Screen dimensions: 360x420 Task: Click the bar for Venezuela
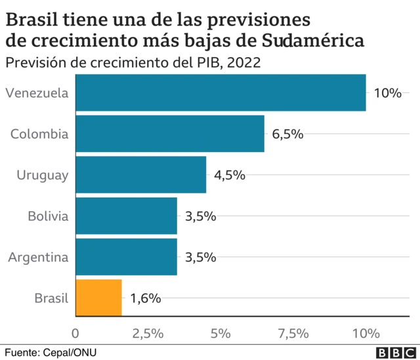click(x=221, y=92)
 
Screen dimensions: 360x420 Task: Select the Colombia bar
click(x=171, y=134)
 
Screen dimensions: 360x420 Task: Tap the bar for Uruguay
click(x=141, y=174)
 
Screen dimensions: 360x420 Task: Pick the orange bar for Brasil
click(x=99, y=298)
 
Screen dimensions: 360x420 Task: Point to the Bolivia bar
click(x=127, y=216)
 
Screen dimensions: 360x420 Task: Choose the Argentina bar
click(x=127, y=257)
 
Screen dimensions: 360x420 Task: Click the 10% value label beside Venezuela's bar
click(x=387, y=93)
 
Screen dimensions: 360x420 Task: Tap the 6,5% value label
click(x=288, y=134)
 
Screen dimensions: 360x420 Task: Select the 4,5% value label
click(x=230, y=175)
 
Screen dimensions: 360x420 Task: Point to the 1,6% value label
click(x=146, y=298)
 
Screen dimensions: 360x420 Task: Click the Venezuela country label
click(x=37, y=93)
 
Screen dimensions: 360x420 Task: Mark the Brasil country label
click(x=51, y=298)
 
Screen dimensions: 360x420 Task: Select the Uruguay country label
click(x=43, y=175)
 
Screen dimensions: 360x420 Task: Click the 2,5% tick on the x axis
click(x=148, y=333)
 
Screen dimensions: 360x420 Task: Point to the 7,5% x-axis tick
click(x=293, y=333)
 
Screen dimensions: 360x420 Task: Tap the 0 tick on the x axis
click(x=76, y=333)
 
